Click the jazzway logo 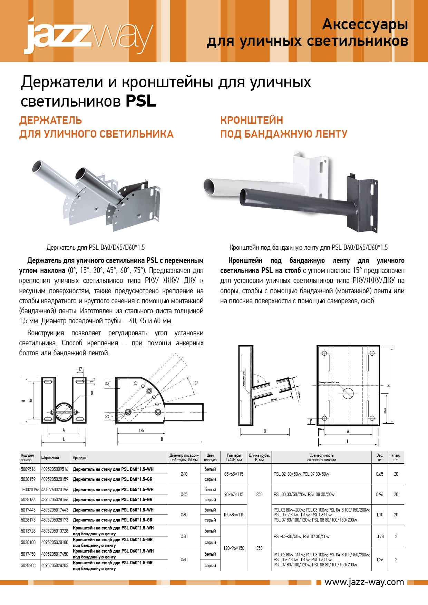[x=88, y=36]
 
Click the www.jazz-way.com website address [x=364, y=582]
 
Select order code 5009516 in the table [x=28, y=469]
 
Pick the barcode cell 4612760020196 [x=55, y=489]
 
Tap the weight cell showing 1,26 [x=380, y=559]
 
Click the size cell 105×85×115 [x=234, y=515]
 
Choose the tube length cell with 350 [x=259, y=548]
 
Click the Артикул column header [x=79, y=457]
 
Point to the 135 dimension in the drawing [x=141, y=430]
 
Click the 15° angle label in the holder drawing [x=195, y=383]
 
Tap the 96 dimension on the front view [x=31, y=400]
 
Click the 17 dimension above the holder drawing [x=80, y=369]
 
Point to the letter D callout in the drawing [x=92, y=393]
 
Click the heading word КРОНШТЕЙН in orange [x=252, y=120]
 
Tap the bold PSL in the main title [x=140, y=101]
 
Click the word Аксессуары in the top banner [x=365, y=24]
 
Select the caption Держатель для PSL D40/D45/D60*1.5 [x=96, y=247]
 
